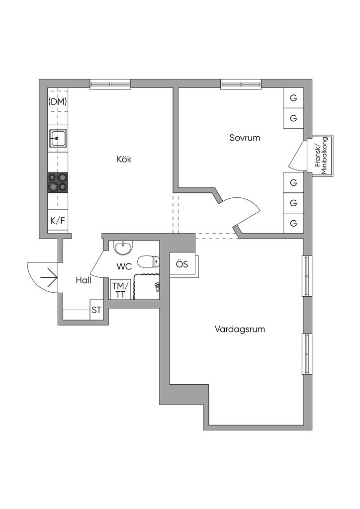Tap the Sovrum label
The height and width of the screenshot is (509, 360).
(x=245, y=138)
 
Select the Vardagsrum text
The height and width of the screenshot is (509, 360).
(x=240, y=329)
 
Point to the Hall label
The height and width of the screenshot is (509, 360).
(x=84, y=280)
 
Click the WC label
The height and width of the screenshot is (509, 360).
(x=124, y=266)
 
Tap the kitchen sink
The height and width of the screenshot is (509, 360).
(x=58, y=138)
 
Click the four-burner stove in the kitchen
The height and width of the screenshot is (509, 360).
(x=58, y=182)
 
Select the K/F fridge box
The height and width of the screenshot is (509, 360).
(x=58, y=221)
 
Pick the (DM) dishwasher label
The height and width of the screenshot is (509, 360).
(x=58, y=102)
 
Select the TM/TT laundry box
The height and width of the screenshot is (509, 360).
(x=120, y=290)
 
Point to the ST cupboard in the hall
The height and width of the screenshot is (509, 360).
(x=96, y=311)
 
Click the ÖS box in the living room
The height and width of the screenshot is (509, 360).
(x=182, y=264)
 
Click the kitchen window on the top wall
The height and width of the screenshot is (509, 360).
(x=110, y=84)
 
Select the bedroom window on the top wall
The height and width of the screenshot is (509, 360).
(x=241, y=84)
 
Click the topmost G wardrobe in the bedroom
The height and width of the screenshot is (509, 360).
(x=293, y=98)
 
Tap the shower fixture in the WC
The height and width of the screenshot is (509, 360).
(x=157, y=286)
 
